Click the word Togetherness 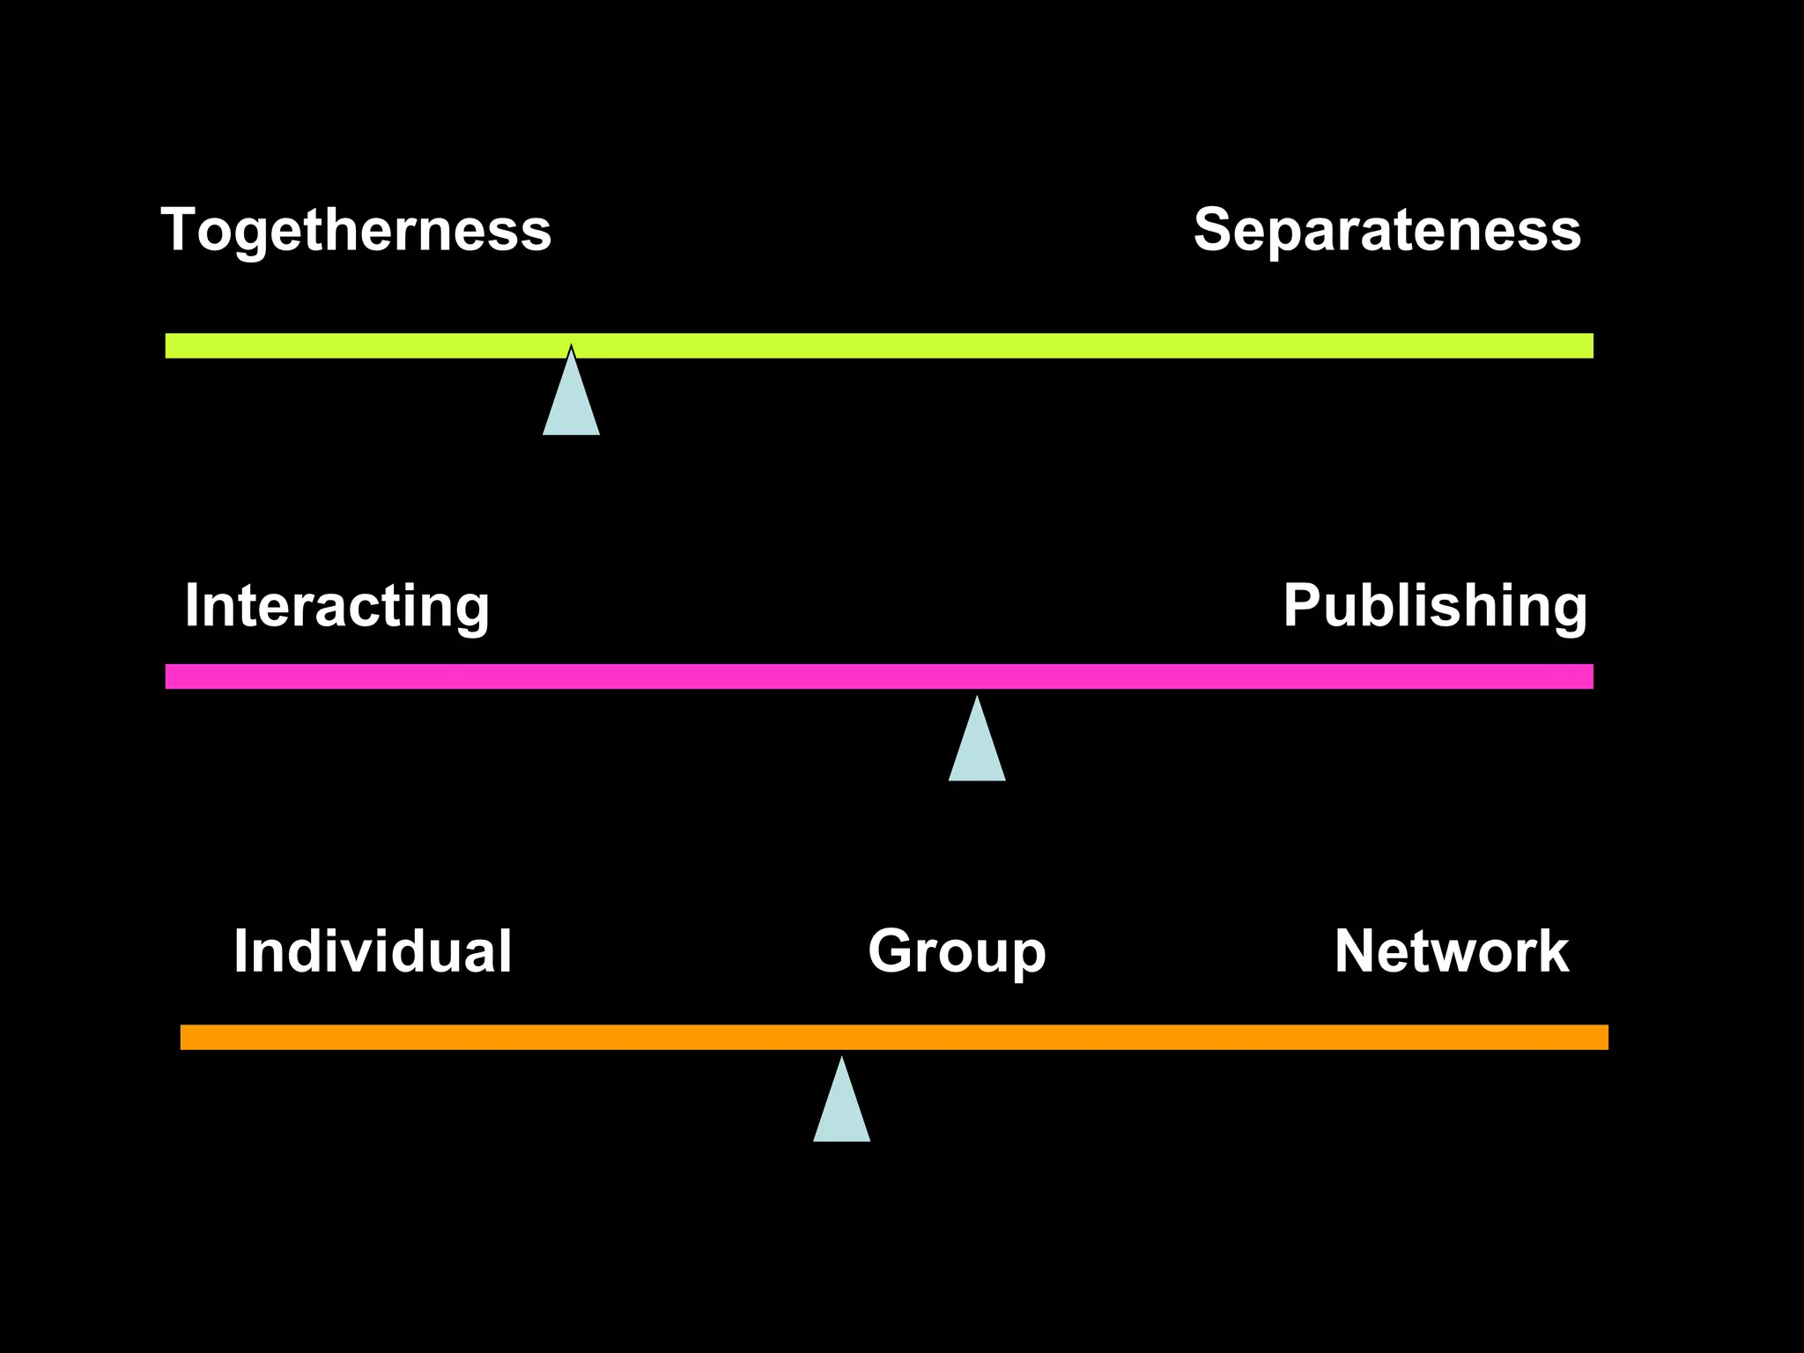coord(356,231)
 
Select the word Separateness coord(1386,231)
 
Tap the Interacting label coord(336,606)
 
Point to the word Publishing coord(1434,606)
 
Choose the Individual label coord(372,951)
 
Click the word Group coord(957,953)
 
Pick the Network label coord(1451,951)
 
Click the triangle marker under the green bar coord(571,402)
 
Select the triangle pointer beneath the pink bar coord(977,748)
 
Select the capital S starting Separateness coord(1215,230)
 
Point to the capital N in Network coord(1357,951)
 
